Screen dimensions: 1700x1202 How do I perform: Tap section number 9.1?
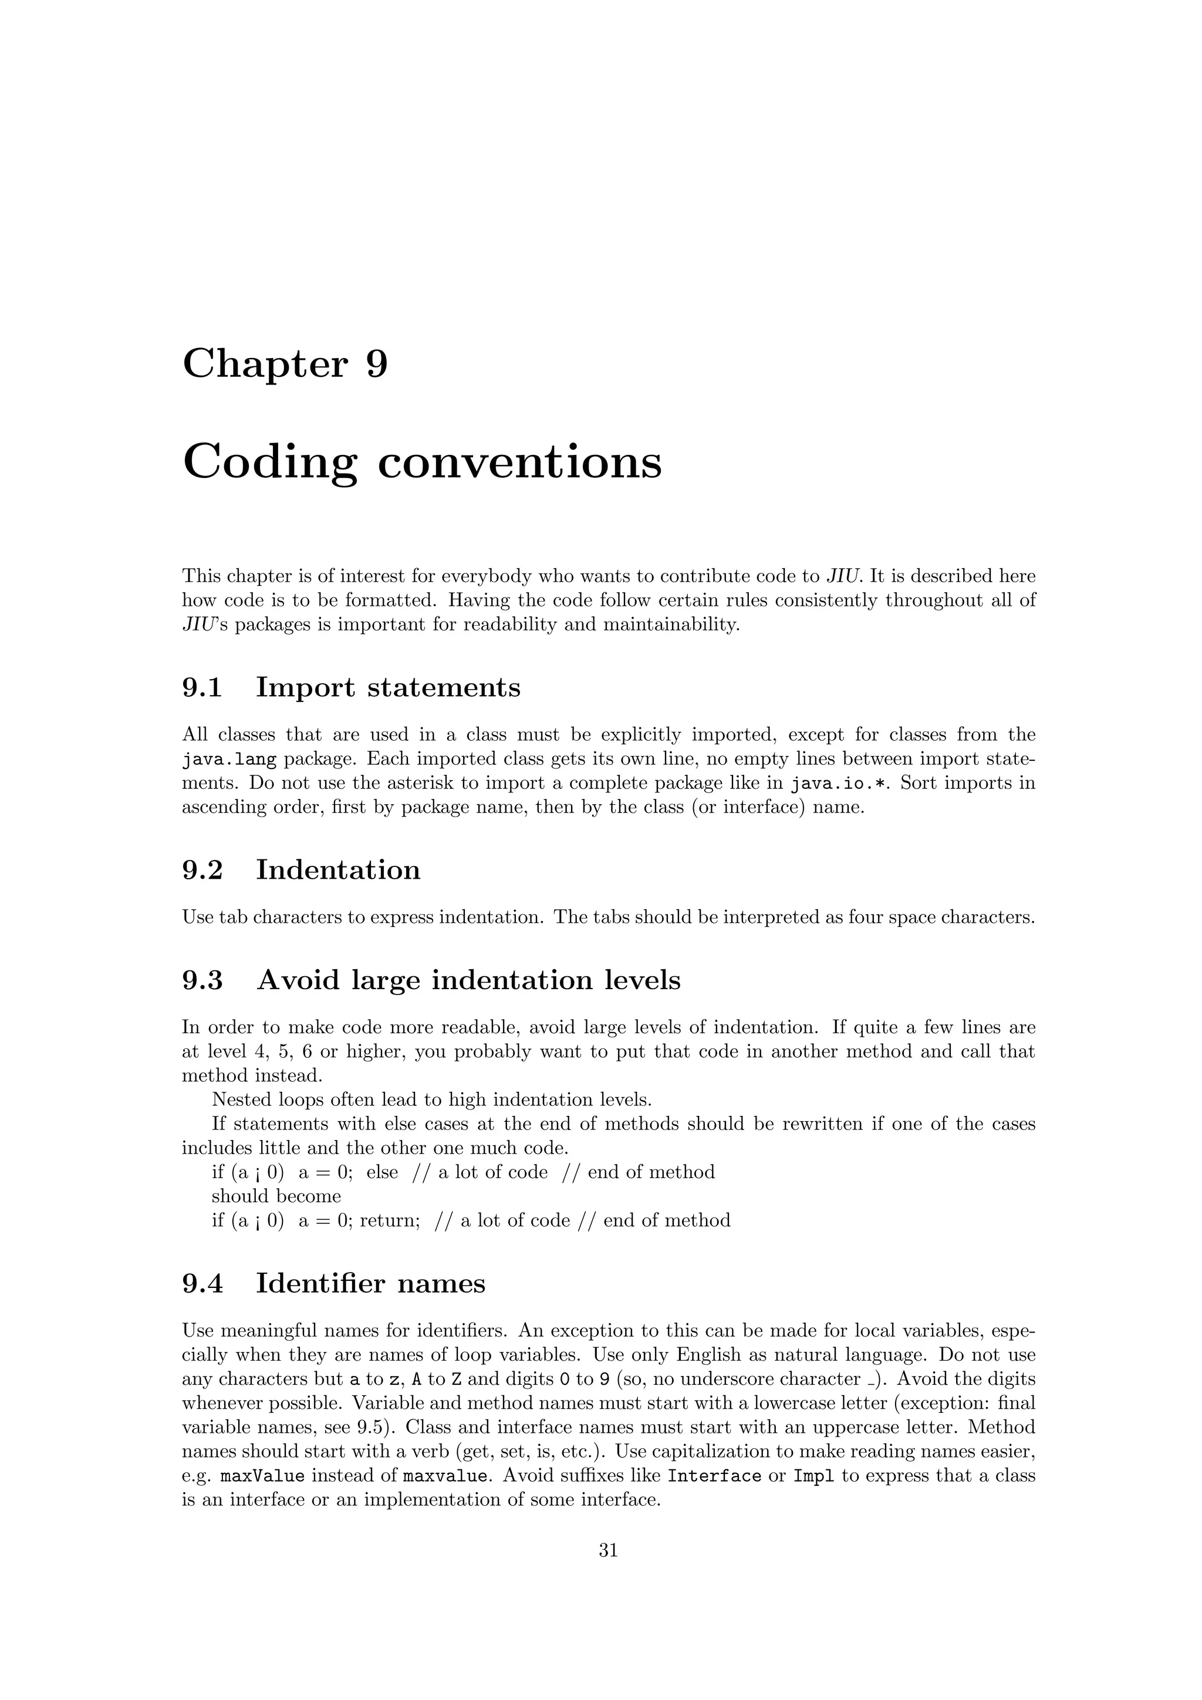click(x=202, y=688)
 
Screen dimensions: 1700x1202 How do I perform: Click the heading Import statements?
click(x=388, y=688)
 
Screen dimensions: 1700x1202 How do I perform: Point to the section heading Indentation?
click(x=337, y=870)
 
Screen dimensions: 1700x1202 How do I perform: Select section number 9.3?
click(x=202, y=980)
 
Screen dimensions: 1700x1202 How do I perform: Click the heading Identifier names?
click(x=370, y=1283)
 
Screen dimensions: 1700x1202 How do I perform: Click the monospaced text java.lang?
click(x=229, y=760)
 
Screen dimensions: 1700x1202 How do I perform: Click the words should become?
click(x=276, y=1196)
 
